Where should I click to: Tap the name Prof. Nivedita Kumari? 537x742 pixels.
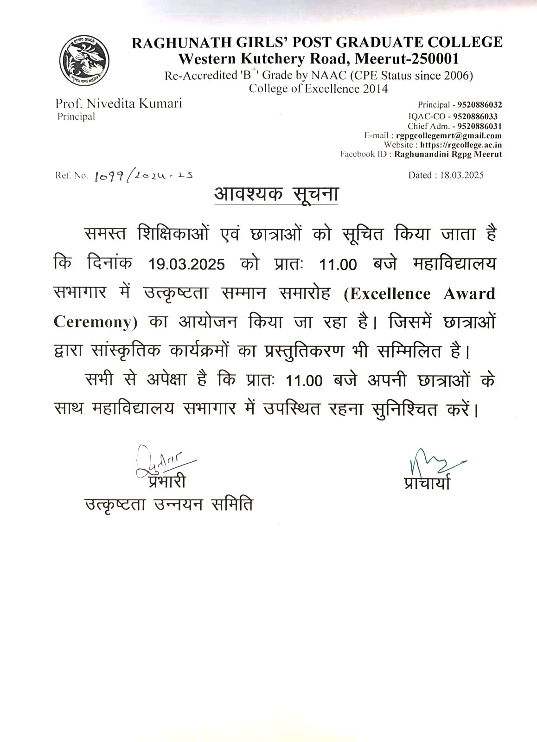pos(118,103)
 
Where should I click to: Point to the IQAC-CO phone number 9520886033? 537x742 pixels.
pos(475,116)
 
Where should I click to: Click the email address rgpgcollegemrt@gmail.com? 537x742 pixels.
pos(449,135)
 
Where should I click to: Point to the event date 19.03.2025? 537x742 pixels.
pos(187,264)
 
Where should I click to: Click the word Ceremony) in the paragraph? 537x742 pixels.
pos(96,322)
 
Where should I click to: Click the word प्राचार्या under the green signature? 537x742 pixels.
pos(427,482)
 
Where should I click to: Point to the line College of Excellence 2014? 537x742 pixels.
pos(318,88)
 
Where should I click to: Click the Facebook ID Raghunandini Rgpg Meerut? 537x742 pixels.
pos(448,154)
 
